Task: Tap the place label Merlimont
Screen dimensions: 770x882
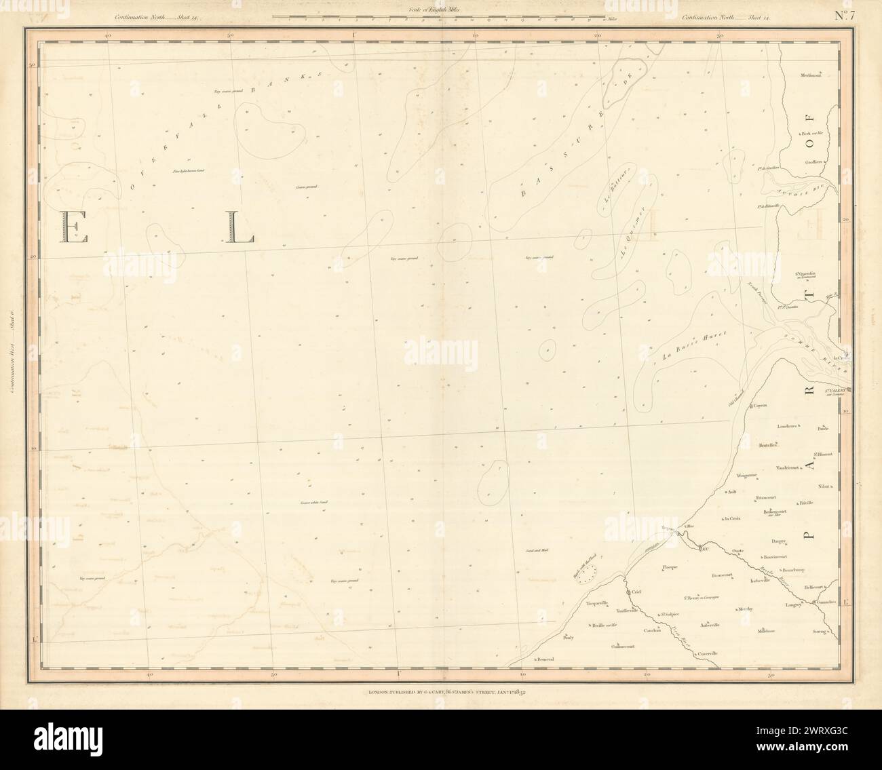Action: click(x=811, y=75)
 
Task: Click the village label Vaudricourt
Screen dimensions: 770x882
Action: click(x=791, y=469)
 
